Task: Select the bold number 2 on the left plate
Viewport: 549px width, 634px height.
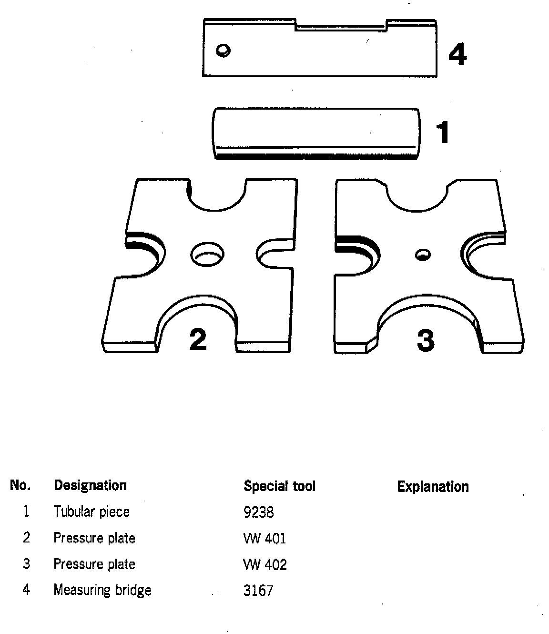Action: pyautogui.click(x=198, y=339)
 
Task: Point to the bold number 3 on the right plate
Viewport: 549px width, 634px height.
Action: pyautogui.click(x=426, y=340)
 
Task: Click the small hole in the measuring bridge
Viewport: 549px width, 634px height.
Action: pyautogui.click(x=223, y=50)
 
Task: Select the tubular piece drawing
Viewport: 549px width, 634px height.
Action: pyautogui.click(x=316, y=133)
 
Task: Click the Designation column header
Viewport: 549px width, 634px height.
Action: pyautogui.click(x=90, y=486)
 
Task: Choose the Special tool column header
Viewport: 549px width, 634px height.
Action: pyautogui.click(x=279, y=486)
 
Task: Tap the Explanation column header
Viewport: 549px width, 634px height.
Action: pyautogui.click(x=433, y=487)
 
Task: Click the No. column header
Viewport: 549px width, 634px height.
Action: pyautogui.click(x=20, y=486)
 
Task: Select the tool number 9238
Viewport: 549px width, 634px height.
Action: pyautogui.click(x=258, y=512)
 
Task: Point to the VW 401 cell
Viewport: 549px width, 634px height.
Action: pyautogui.click(x=264, y=539)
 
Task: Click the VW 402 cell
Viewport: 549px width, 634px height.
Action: pyautogui.click(x=265, y=565)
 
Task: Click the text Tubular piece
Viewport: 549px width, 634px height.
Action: pyautogui.click(x=91, y=512)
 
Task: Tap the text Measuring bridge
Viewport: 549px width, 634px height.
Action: pyautogui.click(x=102, y=590)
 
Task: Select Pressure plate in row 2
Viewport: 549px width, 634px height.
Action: pyautogui.click(x=94, y=538)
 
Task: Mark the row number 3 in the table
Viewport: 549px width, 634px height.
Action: pyautogui.click(x=27, y=564)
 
